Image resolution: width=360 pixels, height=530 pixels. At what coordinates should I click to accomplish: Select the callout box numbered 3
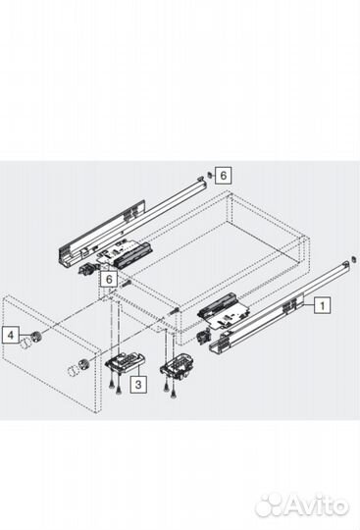point(139,385)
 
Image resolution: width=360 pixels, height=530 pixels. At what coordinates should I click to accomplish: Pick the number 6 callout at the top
point(224,175)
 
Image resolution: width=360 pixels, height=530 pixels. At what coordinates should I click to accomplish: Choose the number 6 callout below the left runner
point(110,279)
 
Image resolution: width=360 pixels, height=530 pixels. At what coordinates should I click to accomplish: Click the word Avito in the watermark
point(317,505)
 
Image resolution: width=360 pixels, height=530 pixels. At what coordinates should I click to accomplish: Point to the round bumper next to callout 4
point(36,338)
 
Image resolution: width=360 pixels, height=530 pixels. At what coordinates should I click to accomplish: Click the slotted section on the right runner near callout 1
point(289,306)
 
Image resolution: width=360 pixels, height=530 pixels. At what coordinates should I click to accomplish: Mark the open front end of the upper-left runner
point(65,260)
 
